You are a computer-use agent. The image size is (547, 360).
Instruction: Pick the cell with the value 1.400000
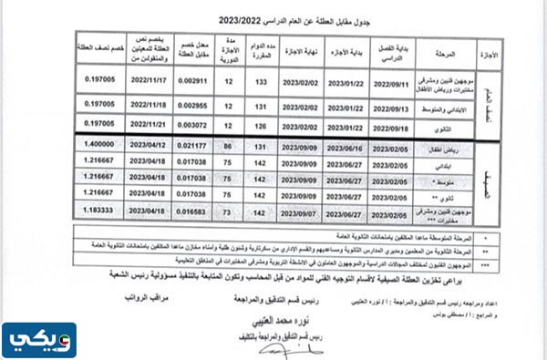pyautogui.click(x=100, y=144)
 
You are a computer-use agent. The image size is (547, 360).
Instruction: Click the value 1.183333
pyautogui.click(x=100, y=209)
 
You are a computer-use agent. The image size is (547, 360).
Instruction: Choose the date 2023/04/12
pyautogui.click(x=146, y=144)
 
